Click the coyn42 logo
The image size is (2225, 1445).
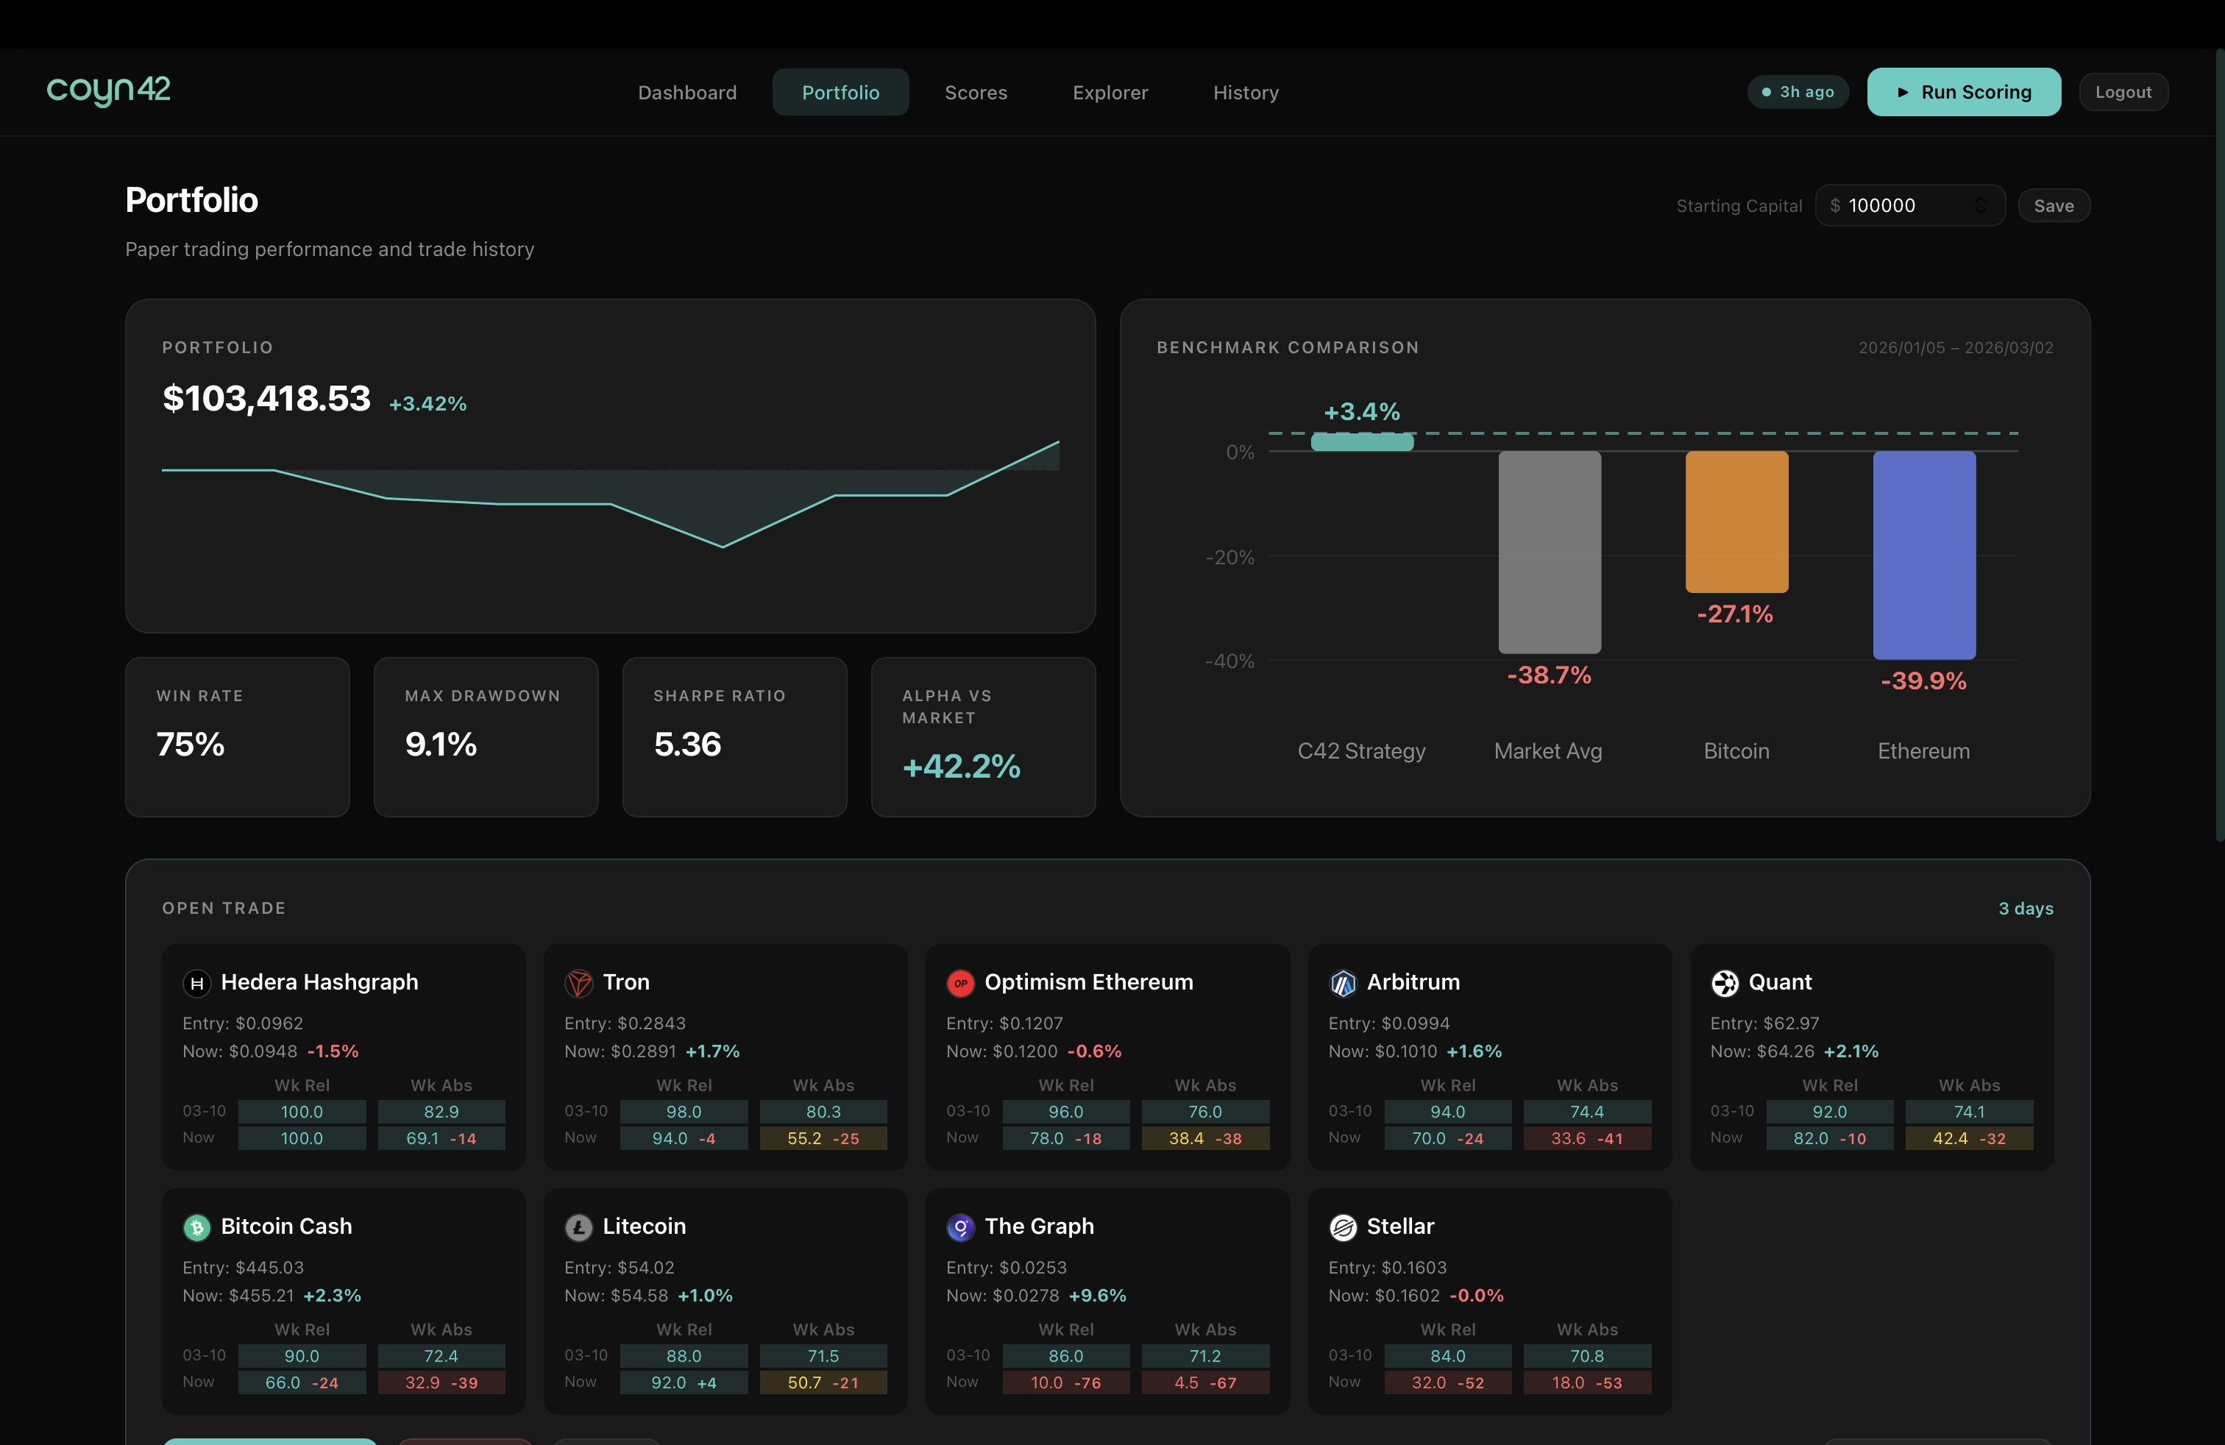[108, 90]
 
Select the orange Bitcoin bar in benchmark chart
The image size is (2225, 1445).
[1736, 522]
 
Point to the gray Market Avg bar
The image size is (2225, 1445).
[1549, 552]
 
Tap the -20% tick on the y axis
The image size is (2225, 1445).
[1229, 557]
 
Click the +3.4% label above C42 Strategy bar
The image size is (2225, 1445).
[1361, 411]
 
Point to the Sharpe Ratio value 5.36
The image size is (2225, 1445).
[687, 744]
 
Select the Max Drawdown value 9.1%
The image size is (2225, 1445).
[440, 744]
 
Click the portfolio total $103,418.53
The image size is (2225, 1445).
[266, 398]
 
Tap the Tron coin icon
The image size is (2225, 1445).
[578, 982]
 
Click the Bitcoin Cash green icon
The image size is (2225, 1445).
[196, 1226]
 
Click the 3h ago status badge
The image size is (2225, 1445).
[1797, 91]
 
